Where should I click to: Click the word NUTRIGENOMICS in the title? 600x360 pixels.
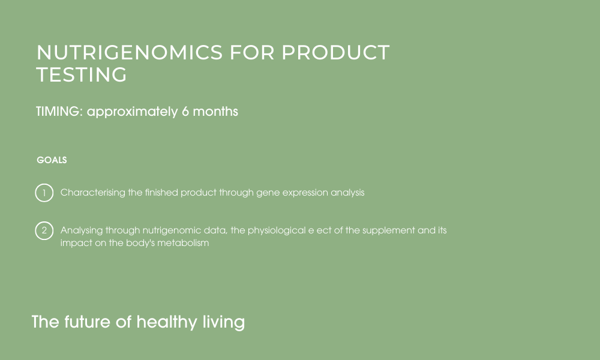point(130,52)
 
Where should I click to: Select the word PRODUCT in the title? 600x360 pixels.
point(335,52)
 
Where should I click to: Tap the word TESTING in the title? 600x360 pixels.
point(82,74)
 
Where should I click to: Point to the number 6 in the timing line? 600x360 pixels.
point(185,112)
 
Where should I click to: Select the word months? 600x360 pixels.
point(215,112)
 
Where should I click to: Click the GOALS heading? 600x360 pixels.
point(52,160)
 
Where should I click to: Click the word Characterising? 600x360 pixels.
point(92,193)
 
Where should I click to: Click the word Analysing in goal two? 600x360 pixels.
point(82,230)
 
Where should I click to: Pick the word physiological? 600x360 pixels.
point(277,230)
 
